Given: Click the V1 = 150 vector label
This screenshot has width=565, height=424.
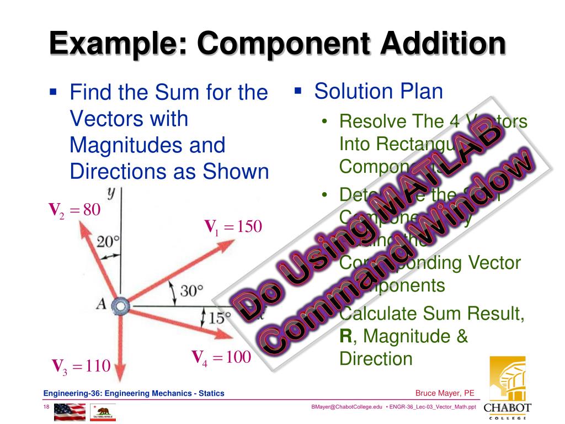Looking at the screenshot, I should [x=233, y=227].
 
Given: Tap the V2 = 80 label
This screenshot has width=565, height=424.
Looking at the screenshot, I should [x=74, y=210].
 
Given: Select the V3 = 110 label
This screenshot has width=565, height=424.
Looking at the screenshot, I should [x=81, y=365].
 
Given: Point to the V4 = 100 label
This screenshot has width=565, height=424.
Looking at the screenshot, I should [x=221, y=357].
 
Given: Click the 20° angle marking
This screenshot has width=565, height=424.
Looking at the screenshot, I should [x=108, y=241].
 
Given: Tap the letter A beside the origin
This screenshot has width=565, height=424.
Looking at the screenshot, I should [x=101, y=303].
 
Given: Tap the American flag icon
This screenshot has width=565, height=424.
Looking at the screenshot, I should [x=70, y=412].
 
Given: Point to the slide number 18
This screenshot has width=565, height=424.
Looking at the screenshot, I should [x=47, y=407].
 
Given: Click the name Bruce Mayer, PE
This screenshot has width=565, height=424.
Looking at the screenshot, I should [x=445, y=393].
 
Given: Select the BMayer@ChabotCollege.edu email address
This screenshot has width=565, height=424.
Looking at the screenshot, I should [x=347, y=407].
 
